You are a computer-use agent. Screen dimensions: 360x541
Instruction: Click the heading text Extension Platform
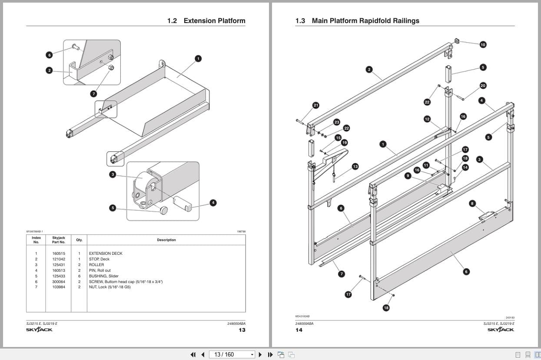coord(214,21)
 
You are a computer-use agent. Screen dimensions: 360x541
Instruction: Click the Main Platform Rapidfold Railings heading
coord(365,21)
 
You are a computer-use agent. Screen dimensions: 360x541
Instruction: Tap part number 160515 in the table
coord(59,253)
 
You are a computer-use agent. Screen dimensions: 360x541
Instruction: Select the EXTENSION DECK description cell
coord(106,253)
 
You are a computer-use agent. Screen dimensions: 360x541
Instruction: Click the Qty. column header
coord(79,240)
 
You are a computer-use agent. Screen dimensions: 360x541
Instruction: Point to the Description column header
coord(166,240)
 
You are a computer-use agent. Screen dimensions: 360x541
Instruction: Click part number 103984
coord(59,287)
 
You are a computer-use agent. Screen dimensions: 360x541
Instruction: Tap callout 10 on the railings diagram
coord(483,44)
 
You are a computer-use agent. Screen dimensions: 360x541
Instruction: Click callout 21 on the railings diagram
coord(316,105)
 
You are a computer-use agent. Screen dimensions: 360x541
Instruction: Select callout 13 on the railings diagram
coord(355,166)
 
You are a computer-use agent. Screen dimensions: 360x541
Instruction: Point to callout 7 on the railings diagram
coord(342,274)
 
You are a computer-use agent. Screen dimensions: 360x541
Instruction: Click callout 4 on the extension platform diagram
coord(213,203)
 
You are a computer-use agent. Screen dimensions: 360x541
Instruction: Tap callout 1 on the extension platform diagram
coord(198,58)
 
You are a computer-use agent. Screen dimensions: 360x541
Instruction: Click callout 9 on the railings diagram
coord(408,176)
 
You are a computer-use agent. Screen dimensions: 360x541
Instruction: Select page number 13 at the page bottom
coord(242,330)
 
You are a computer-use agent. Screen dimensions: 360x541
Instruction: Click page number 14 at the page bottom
coord(299,330)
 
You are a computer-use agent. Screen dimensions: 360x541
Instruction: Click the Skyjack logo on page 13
coord(39,330)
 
